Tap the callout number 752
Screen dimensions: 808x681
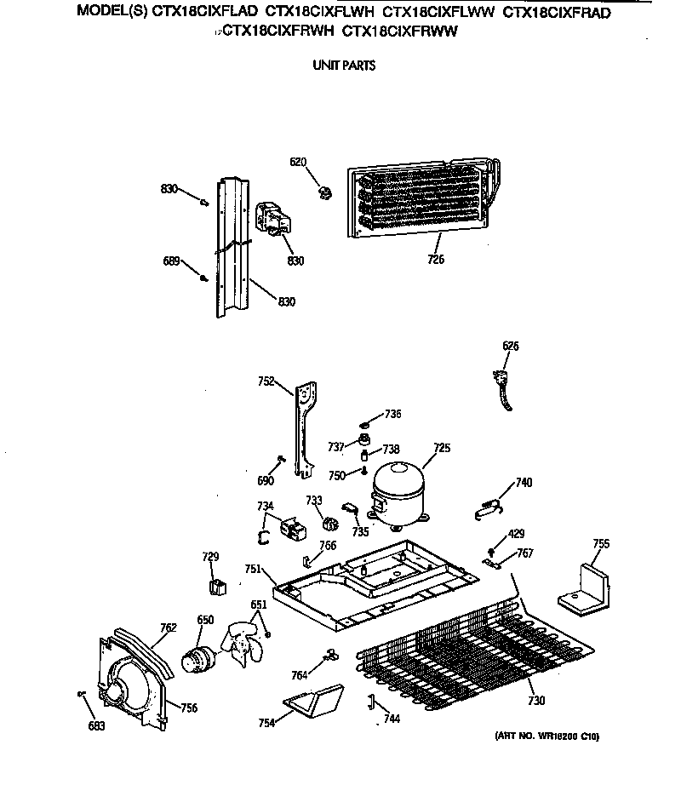pos(266,382)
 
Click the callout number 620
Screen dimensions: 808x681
pos(298,162)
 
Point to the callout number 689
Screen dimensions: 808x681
pos(171,261)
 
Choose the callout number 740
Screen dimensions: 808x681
pos(524,483)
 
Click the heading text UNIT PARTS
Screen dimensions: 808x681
pos(344,65)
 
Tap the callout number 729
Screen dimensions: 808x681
pos(210,556)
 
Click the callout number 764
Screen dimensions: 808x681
pos(299,675)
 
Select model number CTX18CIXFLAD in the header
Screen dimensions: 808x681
pos(204,12)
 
